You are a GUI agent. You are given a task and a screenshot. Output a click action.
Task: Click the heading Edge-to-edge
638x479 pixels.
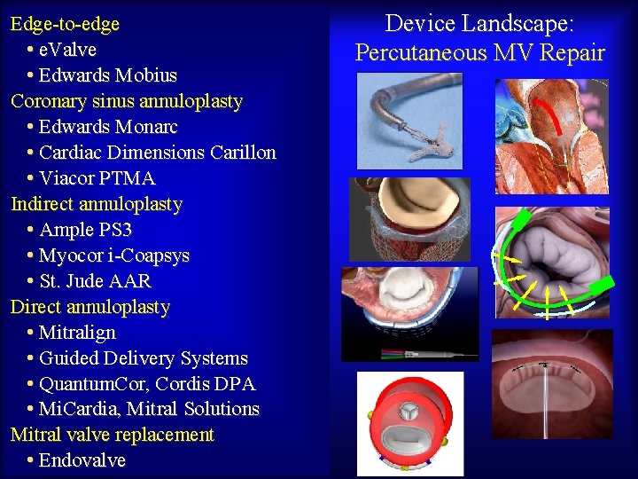65,24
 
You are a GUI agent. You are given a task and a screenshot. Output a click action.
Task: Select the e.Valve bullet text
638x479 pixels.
68,50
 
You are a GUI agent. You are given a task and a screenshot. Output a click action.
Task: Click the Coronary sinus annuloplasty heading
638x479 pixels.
127,101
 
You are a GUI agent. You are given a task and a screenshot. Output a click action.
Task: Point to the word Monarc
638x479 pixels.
148,127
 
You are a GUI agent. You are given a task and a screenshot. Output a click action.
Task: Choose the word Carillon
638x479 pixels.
243,153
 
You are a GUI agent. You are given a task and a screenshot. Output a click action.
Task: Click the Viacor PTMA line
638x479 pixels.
97,178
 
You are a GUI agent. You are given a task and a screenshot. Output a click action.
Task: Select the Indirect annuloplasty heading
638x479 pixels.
97,204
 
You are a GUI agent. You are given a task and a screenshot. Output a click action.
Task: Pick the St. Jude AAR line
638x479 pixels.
96,281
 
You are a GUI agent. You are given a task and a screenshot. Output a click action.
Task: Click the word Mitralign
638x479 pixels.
78,333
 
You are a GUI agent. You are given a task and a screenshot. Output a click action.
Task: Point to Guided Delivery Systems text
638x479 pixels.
144,358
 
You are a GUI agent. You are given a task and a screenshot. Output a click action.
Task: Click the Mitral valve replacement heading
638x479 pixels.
113,435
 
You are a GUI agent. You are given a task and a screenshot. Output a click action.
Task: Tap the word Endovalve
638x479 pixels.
82,460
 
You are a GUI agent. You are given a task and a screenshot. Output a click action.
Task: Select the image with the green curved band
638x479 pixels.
553,263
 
